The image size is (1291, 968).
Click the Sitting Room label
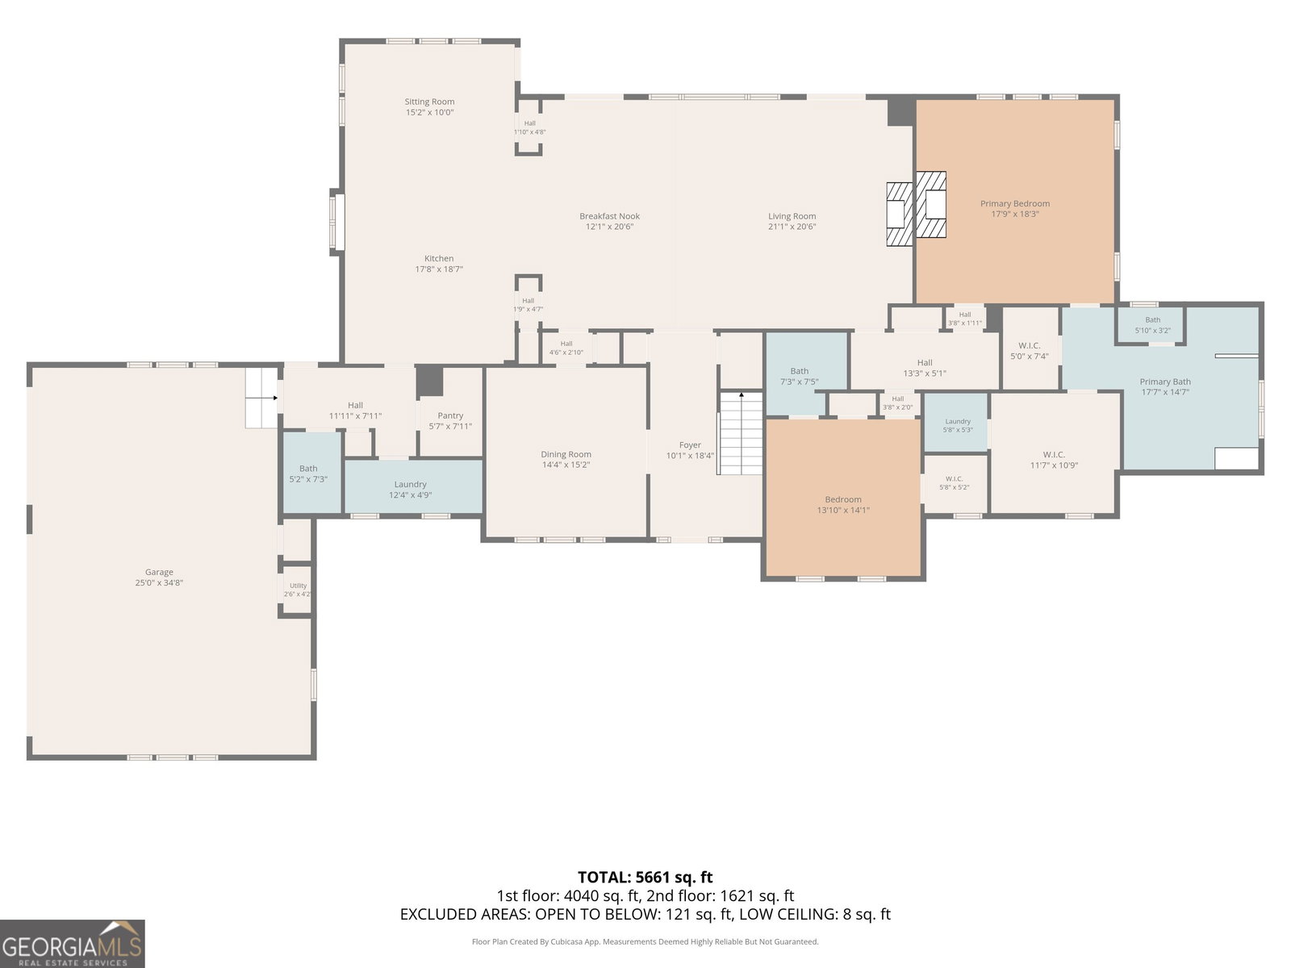(429, 102)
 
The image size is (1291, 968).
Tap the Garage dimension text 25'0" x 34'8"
(159, 583)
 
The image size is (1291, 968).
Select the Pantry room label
(450, 415)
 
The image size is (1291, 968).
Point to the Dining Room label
(566, 454)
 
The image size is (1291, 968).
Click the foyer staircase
(740, 433)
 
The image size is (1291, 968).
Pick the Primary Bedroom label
(1015, 204)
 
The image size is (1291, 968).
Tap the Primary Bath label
(1165, 382)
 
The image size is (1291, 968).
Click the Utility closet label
(299, 586)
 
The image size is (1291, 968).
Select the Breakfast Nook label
(609, 216)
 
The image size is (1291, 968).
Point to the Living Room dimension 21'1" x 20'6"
(792, 227)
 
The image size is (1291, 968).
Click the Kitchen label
(439, 259)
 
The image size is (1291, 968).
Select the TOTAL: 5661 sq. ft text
(645, 878)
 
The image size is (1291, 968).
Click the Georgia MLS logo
(72, 944)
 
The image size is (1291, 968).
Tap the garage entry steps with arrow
(261, 398)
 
